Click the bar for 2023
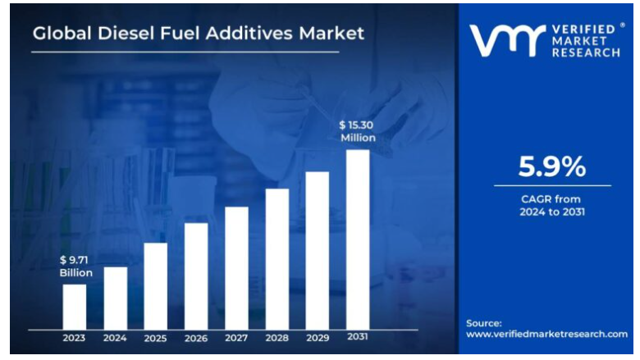pyautogui.click(x=75, y=306)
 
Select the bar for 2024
pyautogui.click(x=115, y=297)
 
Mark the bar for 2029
pyautogui.click(x=318, y=250)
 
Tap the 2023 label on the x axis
pyautogui.click(x=75, y=337)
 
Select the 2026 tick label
pyautogui.click(x=196, y=337)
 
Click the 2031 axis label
pyautogui.click(x=358, y=337)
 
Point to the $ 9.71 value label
pyautogui.click(x=75, y=259)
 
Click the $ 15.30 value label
pyautogui.click(x=358, y=125)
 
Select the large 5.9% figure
pyautogui.click(x=552, y=167)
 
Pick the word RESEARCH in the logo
pyautogui.click(x=584, y=52)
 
